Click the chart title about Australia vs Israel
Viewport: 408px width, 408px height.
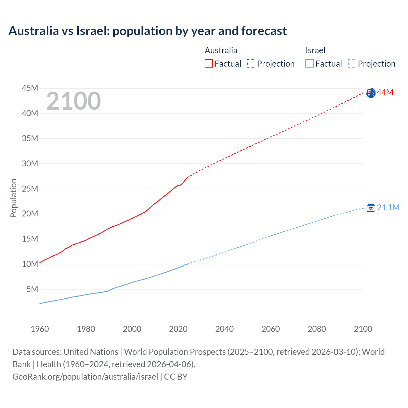pos(148,31)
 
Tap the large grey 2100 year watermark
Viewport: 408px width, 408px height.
pos(74,101)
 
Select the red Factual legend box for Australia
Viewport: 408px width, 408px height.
pos(209,63)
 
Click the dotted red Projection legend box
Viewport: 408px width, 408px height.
pos(251,63)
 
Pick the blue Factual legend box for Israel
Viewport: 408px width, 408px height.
pos(310,63)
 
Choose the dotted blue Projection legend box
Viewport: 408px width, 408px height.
pos(352,63)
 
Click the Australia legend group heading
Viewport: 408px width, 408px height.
pos(221,50)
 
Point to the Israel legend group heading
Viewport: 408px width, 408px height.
pos(315,50)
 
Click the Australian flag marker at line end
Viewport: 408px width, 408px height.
pos(371,93)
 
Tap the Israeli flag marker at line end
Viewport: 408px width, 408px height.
pos(371,208)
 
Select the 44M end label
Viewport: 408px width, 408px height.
pos(385,92)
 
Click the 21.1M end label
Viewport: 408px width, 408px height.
pos(388,208)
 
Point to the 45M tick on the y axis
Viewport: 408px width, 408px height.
pos(30,88)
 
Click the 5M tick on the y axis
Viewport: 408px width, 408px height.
pos(32,289)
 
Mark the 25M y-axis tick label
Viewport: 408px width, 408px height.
pos(30,189)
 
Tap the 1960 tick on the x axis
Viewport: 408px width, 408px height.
pos(40,329)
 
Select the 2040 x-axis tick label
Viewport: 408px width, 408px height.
pos(224,329)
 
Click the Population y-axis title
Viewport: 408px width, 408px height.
pos(13,198)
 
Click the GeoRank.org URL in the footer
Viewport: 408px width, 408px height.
pos(85,377)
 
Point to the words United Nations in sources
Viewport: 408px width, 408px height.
pos(91,352)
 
